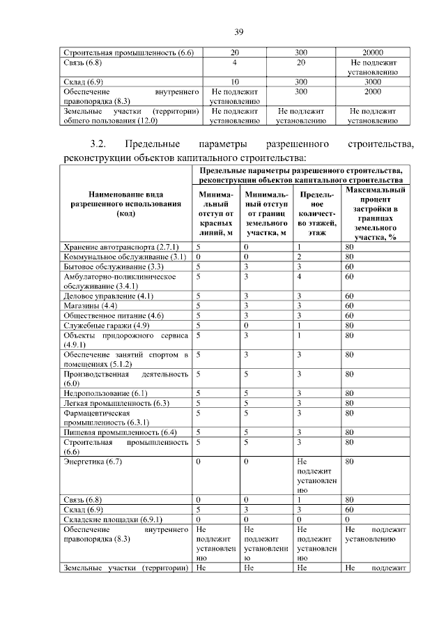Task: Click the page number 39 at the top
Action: (238, 32)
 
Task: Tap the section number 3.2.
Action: (93, 145)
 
